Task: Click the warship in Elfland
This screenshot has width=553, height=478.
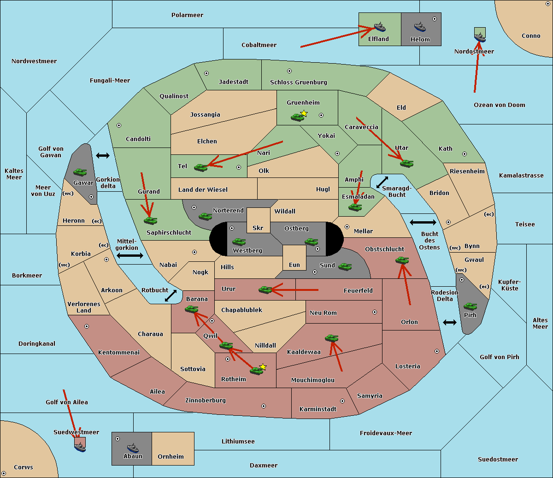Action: (380, 27)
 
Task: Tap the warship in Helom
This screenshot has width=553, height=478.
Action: (420, 27)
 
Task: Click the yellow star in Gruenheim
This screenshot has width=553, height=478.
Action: (304, 113)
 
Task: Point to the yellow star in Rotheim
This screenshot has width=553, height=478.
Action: (263, 367)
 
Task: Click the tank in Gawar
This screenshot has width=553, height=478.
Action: (80, 172)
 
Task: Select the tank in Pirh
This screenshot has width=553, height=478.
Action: (470, 306)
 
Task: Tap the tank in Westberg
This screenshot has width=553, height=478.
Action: (239, 242)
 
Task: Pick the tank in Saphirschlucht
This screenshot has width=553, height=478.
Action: (150, 220)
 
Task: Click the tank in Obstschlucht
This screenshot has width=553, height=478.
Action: (402, 260)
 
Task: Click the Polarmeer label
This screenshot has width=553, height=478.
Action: (187, 15)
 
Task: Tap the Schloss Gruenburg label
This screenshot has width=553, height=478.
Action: (299, 82)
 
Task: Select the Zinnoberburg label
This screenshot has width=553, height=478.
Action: (206, 401)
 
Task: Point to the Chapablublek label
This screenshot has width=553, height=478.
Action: (241, 310)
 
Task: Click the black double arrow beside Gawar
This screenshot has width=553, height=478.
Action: (103, 155)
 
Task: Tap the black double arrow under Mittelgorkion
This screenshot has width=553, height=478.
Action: (130, 255)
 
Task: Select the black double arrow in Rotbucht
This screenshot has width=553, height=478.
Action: (171, 296)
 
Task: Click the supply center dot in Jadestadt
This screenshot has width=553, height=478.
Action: (206, 73)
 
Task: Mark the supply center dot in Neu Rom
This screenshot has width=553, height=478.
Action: (375, 312)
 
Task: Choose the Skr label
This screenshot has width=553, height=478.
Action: (258, 228)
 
